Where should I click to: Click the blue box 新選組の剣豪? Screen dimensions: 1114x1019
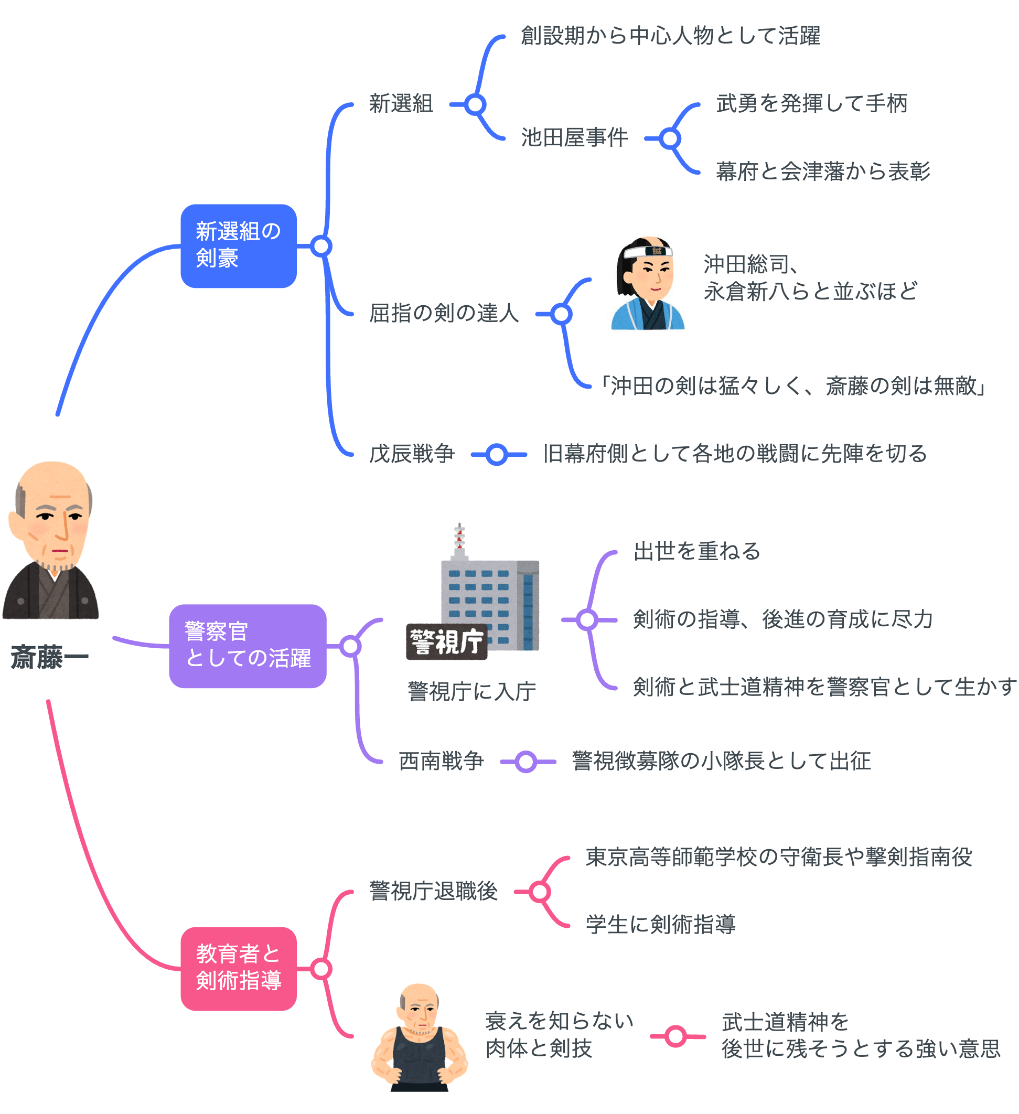pos(238,246)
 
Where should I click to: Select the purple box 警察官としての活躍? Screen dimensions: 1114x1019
pos(248,646)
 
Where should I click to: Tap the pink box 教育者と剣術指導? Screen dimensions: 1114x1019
pos(238,969)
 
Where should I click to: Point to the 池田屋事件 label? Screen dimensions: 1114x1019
pos(574,137)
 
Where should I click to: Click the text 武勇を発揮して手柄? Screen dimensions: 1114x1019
pos(811,103)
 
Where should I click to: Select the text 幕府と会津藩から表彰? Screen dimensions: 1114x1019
pos(823,172)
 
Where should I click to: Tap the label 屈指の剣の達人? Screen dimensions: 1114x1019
pos(444,313)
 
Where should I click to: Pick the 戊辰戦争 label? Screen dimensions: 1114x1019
pos(412,454)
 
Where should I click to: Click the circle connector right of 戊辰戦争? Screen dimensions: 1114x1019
pos(497,455)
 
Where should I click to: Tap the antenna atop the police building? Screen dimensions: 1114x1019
pos(459,539)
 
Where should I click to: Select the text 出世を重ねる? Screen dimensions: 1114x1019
pos(697,551)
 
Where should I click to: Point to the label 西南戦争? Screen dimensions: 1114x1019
pos(441,761)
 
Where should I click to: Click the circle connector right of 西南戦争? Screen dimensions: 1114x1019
pos(526,762)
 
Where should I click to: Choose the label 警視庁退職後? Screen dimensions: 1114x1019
pos(433,891)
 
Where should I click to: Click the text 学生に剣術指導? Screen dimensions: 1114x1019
pos(660,925)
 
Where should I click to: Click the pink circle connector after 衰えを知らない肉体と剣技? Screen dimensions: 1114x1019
pos(675,1036)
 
